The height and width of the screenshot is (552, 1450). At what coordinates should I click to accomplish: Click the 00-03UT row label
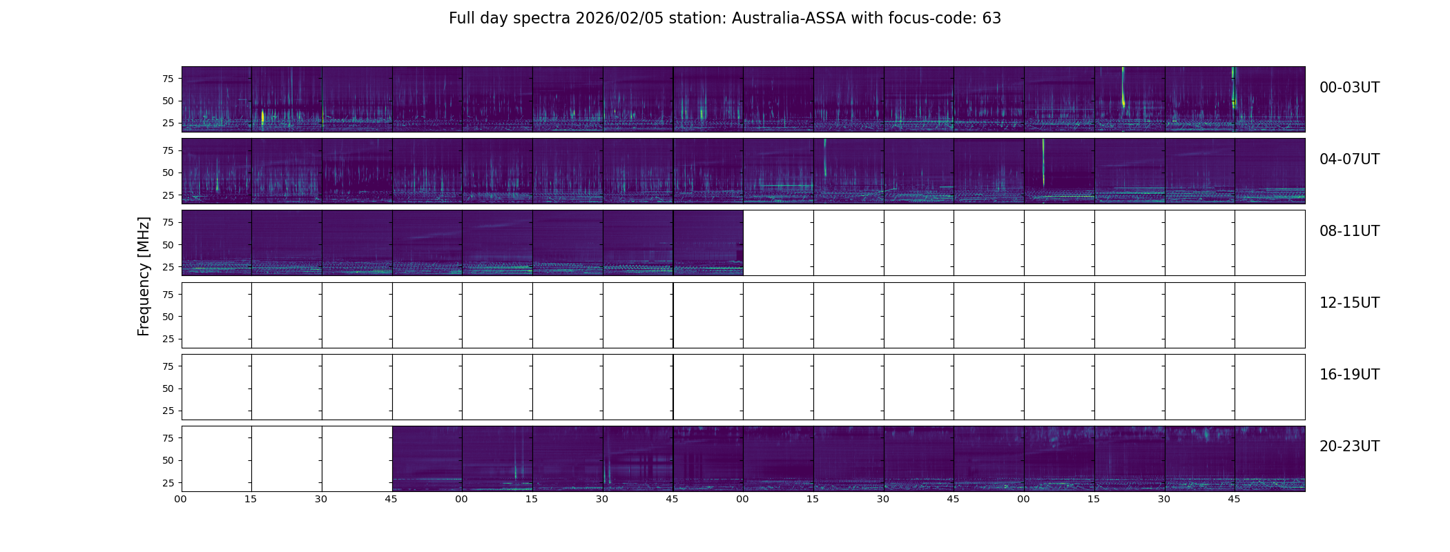click(x=1348, y=88)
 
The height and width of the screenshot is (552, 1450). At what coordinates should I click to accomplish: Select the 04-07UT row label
click(x=1348, y=159)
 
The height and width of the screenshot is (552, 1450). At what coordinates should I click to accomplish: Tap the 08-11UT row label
click(x=1348, y=231)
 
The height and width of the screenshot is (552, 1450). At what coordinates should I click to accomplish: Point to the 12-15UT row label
click(x=1348, y=303)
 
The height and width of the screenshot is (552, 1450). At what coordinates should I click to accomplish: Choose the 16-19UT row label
click(x=1348, y=375)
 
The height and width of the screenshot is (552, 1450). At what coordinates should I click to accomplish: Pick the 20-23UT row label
click(x=1348, y=446)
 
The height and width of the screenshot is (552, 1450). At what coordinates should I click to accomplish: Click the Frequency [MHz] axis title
click(x=144, y=276)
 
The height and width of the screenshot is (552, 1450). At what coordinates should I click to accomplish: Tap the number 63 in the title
click(x=992, y=19)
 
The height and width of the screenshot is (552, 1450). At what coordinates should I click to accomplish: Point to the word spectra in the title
click(x=540, y=19)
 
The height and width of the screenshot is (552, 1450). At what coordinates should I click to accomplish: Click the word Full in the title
click(x=461, y=19)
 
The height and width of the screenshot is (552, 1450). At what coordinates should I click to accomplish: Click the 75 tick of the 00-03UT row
click(x=167, y=79)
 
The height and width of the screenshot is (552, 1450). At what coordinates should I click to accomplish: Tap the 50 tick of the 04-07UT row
click(x=167, y=173)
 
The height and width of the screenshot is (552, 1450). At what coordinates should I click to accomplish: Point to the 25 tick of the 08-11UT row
click(x=167, y=267)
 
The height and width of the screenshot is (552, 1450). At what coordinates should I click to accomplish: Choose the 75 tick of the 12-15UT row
click(x=167, y=295)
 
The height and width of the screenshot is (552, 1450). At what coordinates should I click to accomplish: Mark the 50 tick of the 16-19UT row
click(x=167, y=388)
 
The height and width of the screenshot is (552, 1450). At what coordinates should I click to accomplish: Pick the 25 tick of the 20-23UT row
click(x=167, y=483)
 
